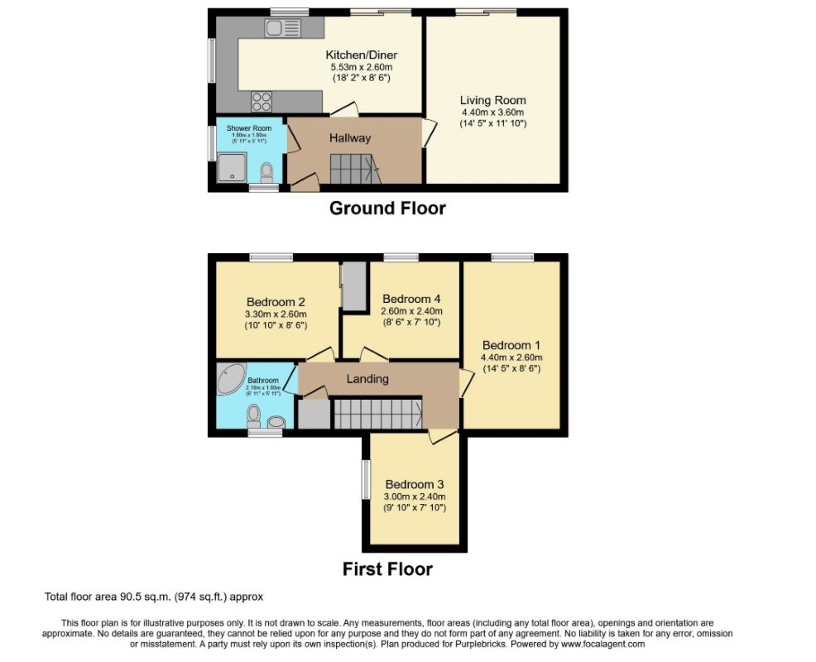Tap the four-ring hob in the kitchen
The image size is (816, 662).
pyautogui.click(x=262, y=102)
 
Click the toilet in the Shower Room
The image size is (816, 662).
pyautogui.click(x=266, y=173)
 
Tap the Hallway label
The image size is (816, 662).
pyautogui.click(x=350, y=138)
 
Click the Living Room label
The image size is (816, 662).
pyautogui.click(x=493, y=101)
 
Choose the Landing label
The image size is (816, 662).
pyautogui.click(x=367, y=379)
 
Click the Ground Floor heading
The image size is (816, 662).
pyautogui.click(x=387, y=209)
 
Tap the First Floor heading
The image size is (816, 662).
pyautogui.click(x=387, y=569)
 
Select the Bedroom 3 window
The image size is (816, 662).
pyautogui.click(x=364, y=479)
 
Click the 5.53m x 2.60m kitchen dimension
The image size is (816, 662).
pyautogui.click(x=361, y=67)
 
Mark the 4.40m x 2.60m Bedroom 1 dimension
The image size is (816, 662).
pyautogui.click(x=511, y=357)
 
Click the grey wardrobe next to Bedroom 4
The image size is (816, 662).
pyautogui.click(x=354, y=285)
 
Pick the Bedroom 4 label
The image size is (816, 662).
pyautogui.click(x=411, y=299)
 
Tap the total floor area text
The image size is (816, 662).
pyautogui.click(x=153, y=596)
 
